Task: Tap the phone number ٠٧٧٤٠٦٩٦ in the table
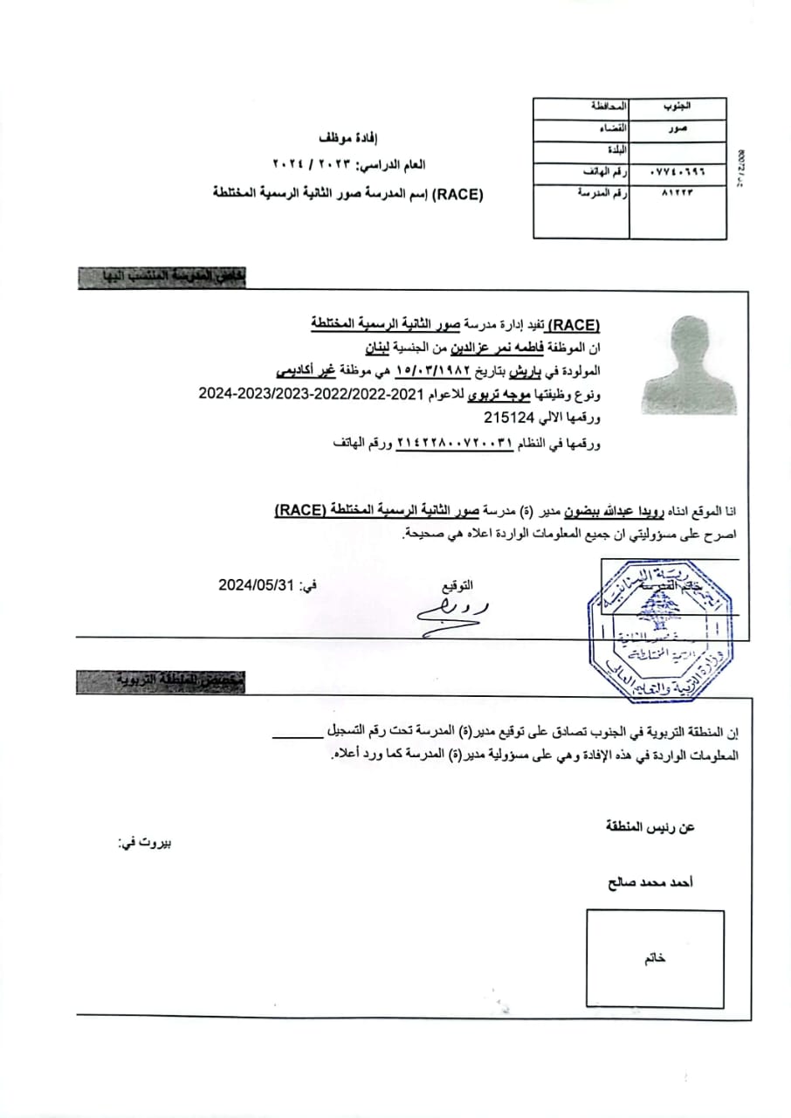(x=678, y=172)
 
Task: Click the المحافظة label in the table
(x=608, y=106)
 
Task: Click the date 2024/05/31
(x=254, y=587)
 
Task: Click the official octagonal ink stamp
(x=662, y=631)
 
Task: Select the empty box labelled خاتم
(x=655, y=958)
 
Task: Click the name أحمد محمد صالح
(x=650, y=883)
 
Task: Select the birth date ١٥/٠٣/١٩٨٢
(x=432, y=371)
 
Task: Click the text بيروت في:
(x=144, y=843)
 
